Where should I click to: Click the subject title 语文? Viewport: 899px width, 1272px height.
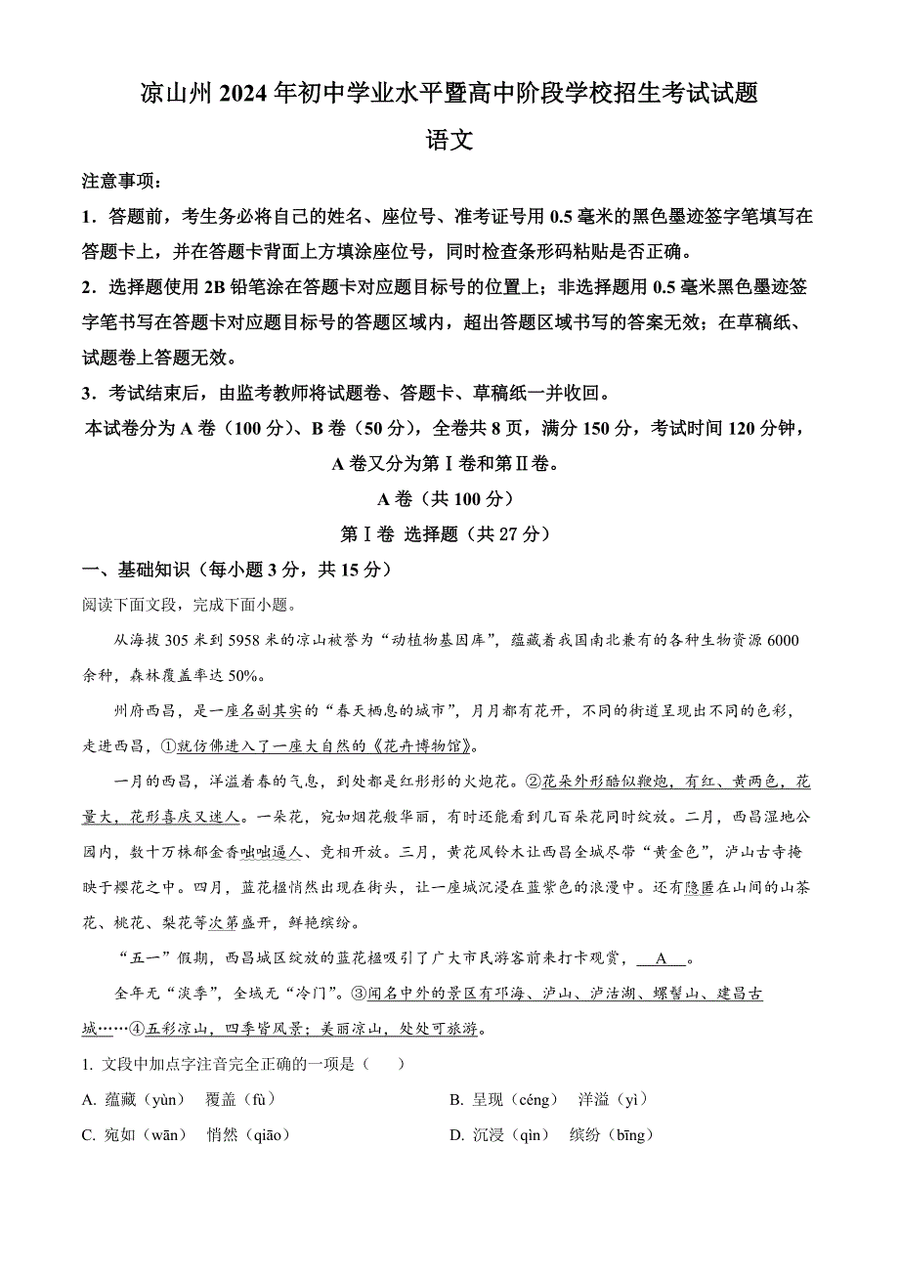(449, 141)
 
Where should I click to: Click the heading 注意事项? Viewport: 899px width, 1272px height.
(122, 182)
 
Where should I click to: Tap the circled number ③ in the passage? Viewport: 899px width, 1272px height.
(359, 994)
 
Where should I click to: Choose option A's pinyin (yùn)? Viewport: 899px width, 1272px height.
(163, 1100)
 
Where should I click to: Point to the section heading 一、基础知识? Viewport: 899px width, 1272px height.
(130, 570)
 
